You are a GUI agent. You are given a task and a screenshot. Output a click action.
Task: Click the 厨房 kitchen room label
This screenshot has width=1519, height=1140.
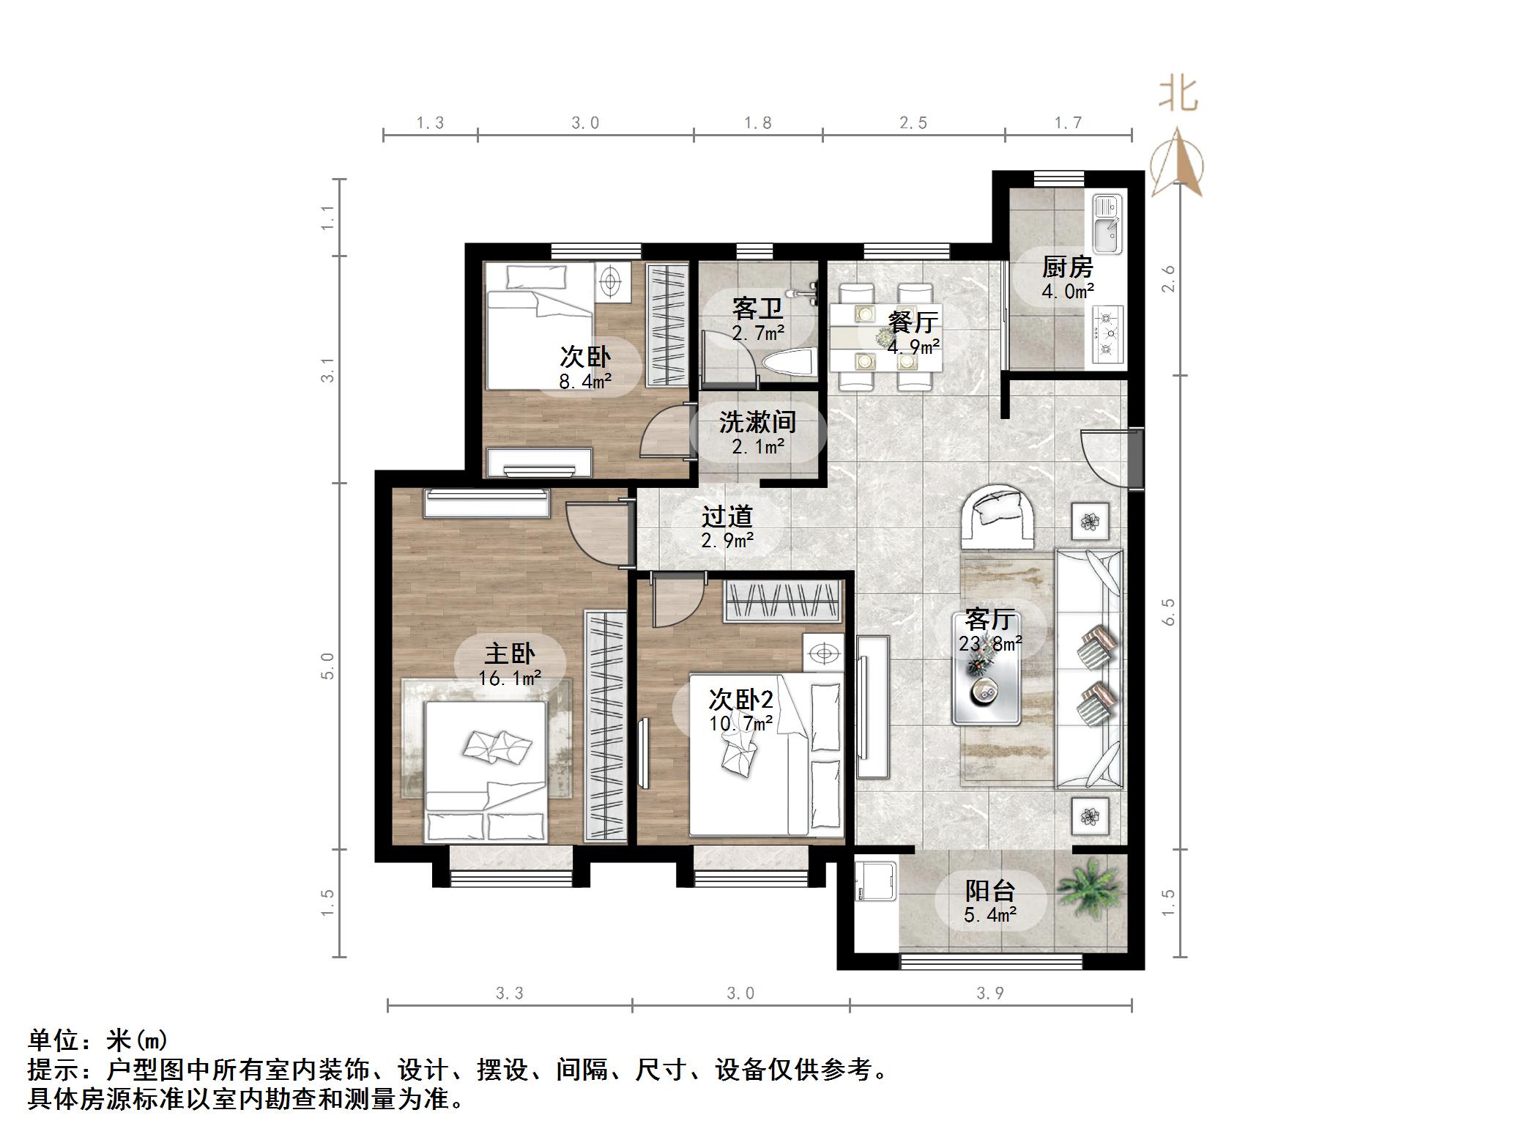[1066, 267]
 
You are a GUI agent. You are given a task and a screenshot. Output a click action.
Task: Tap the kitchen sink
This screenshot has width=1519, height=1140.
[1107, 224]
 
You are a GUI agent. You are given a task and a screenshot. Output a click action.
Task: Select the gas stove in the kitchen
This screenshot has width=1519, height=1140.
[1107, 333]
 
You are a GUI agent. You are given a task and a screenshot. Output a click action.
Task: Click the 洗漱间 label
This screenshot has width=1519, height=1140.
[757, 422]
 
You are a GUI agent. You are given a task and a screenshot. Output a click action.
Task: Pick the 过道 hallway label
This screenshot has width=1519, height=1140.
[727, 517]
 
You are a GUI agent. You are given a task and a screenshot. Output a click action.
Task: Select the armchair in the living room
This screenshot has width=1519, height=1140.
[998, 515]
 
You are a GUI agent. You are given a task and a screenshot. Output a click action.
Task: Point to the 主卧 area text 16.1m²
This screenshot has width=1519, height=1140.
[510, 678]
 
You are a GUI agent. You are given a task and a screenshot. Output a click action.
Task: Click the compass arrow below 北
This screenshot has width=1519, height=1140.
[1177, 165]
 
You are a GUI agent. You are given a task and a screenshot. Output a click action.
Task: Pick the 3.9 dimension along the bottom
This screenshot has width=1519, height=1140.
[989, 993]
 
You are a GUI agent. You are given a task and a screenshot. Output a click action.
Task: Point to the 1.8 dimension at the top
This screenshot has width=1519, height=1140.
[757, 123]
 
